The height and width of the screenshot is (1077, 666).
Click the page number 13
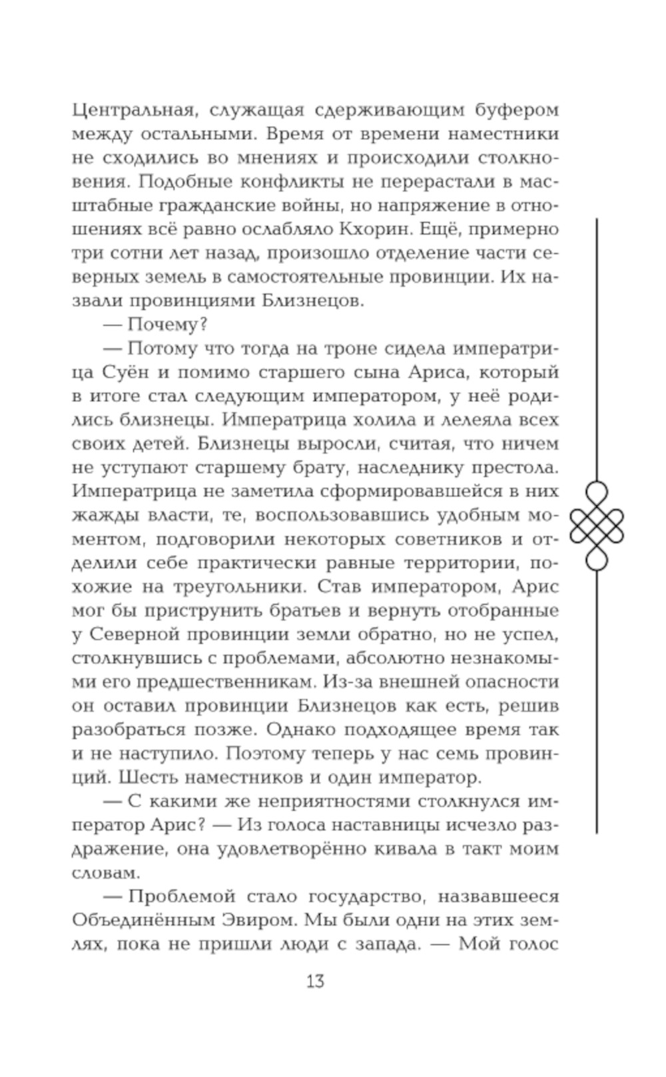coord(315,980)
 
